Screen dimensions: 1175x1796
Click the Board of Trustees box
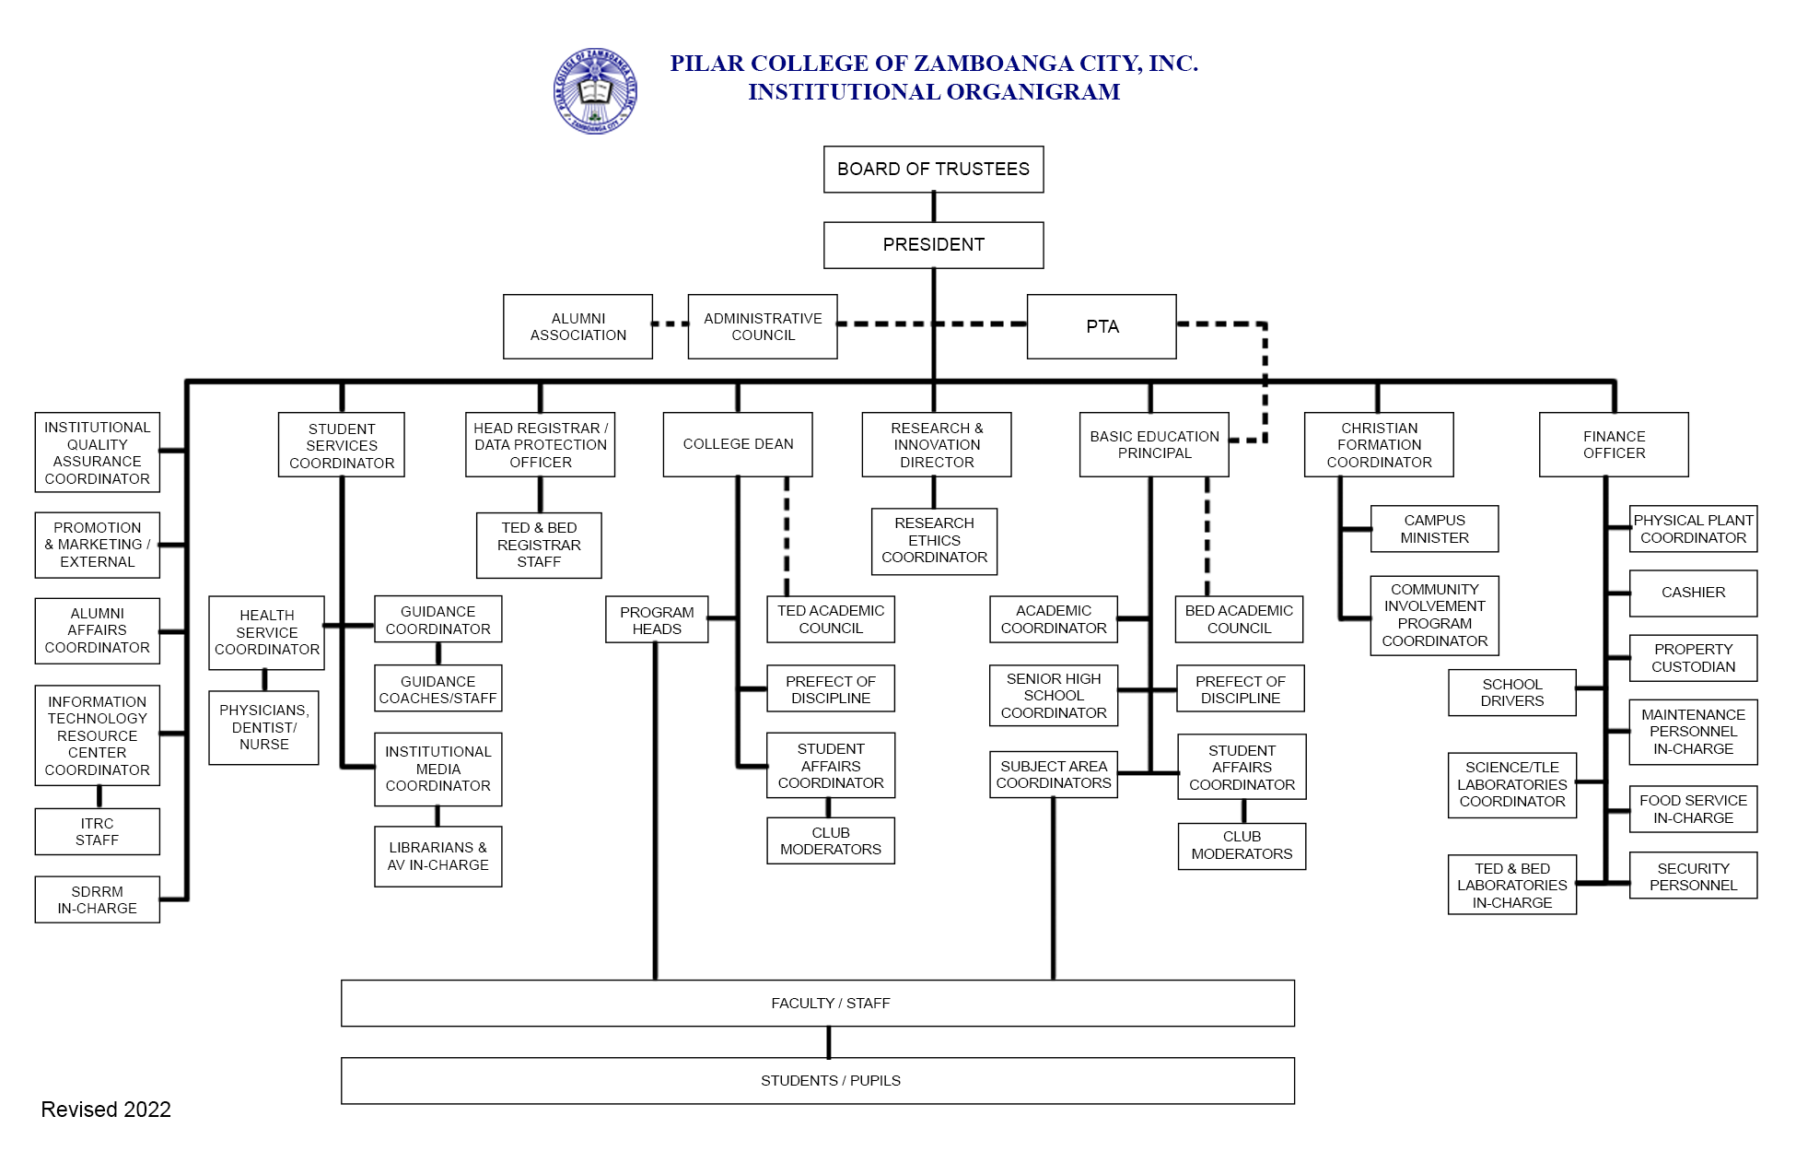[933, 170]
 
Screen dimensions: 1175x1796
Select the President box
[933, 245]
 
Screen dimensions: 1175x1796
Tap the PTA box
[1102, 326]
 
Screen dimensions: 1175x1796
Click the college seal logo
[595, 91]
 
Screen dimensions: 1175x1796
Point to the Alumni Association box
[577, 326]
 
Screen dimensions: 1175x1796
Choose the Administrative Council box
[763, 326]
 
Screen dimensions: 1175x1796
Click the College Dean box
[738, 444]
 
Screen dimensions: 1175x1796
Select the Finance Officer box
[1614, 444]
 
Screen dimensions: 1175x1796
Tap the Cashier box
[1693, 593]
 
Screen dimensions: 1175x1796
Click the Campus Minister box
[1434, 529]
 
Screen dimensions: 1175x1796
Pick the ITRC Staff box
[97, 831]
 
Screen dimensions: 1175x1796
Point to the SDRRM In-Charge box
[97, 899]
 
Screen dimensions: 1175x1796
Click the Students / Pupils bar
[818, 1080]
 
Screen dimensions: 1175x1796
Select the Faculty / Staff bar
[818, 1003]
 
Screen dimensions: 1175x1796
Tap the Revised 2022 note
[106, 1110]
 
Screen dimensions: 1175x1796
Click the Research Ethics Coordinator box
[934, 541]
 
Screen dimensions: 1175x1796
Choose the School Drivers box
[1511, 692]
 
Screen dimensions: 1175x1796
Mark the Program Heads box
[657, 620]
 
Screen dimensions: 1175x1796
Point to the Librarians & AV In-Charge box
[437, 856]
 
